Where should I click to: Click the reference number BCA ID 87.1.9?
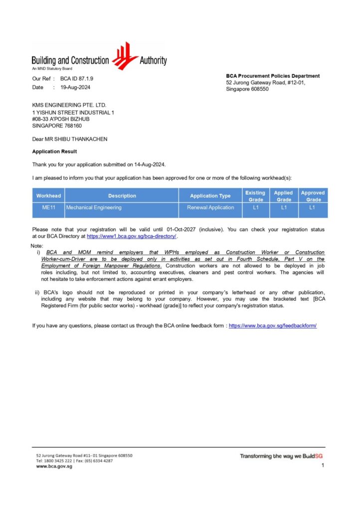(77, 79)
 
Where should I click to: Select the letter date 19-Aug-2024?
(75, 87)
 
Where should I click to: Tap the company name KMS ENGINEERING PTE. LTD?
(69, 105)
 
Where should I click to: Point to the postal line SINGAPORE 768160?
(57, 126)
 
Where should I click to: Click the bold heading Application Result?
(54, 151)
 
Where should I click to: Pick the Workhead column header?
(48, 196)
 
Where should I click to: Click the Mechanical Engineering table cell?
(94, 208)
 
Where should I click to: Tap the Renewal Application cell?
(210, 208)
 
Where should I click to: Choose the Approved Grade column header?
(313, 196)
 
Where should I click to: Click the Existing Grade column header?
(255, 196)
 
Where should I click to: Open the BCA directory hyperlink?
(132, 236)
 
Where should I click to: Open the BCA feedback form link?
(273, 325)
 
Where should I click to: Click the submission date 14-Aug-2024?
(148, 164)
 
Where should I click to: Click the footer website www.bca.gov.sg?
(54, 467)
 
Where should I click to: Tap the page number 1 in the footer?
(323, 465)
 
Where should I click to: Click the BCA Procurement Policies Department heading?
(273, 76)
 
